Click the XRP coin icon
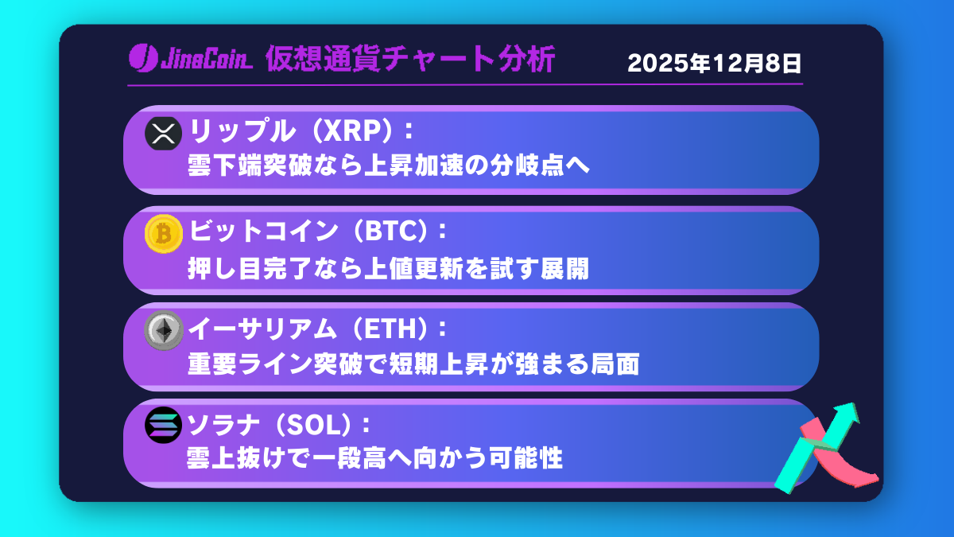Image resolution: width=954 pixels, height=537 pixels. coord(164,133)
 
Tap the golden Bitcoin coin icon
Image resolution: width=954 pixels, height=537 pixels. coord(164,233)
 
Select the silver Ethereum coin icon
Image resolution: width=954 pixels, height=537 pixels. coord(164,330)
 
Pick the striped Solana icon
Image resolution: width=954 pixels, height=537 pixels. coord(164,426)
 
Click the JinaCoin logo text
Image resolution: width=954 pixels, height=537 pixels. coord(191,59)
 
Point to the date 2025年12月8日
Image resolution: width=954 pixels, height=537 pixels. coord(714,63)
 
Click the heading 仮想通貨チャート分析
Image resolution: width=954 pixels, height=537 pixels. coord(410,60)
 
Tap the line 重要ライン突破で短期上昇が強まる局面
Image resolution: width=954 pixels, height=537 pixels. coord(413,364)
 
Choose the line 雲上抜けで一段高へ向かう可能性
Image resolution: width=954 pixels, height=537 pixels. coord(374,460)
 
